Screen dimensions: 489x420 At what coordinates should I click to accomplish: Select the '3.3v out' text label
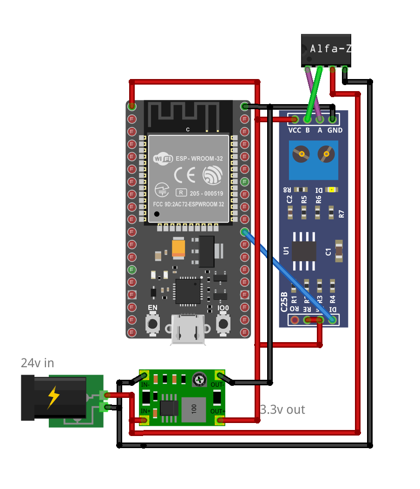[x=282, y=410]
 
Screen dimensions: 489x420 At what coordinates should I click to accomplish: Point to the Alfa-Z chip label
[x=330, y=48]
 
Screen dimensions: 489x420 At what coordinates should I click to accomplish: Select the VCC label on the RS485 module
[x=295, y=130]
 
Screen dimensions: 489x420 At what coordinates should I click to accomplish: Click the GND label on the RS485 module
[x=335, y=130]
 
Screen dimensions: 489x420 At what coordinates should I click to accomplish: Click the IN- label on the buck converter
[x=145, y=384]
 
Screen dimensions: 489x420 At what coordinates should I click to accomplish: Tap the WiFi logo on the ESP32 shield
[x=163, y=159]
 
